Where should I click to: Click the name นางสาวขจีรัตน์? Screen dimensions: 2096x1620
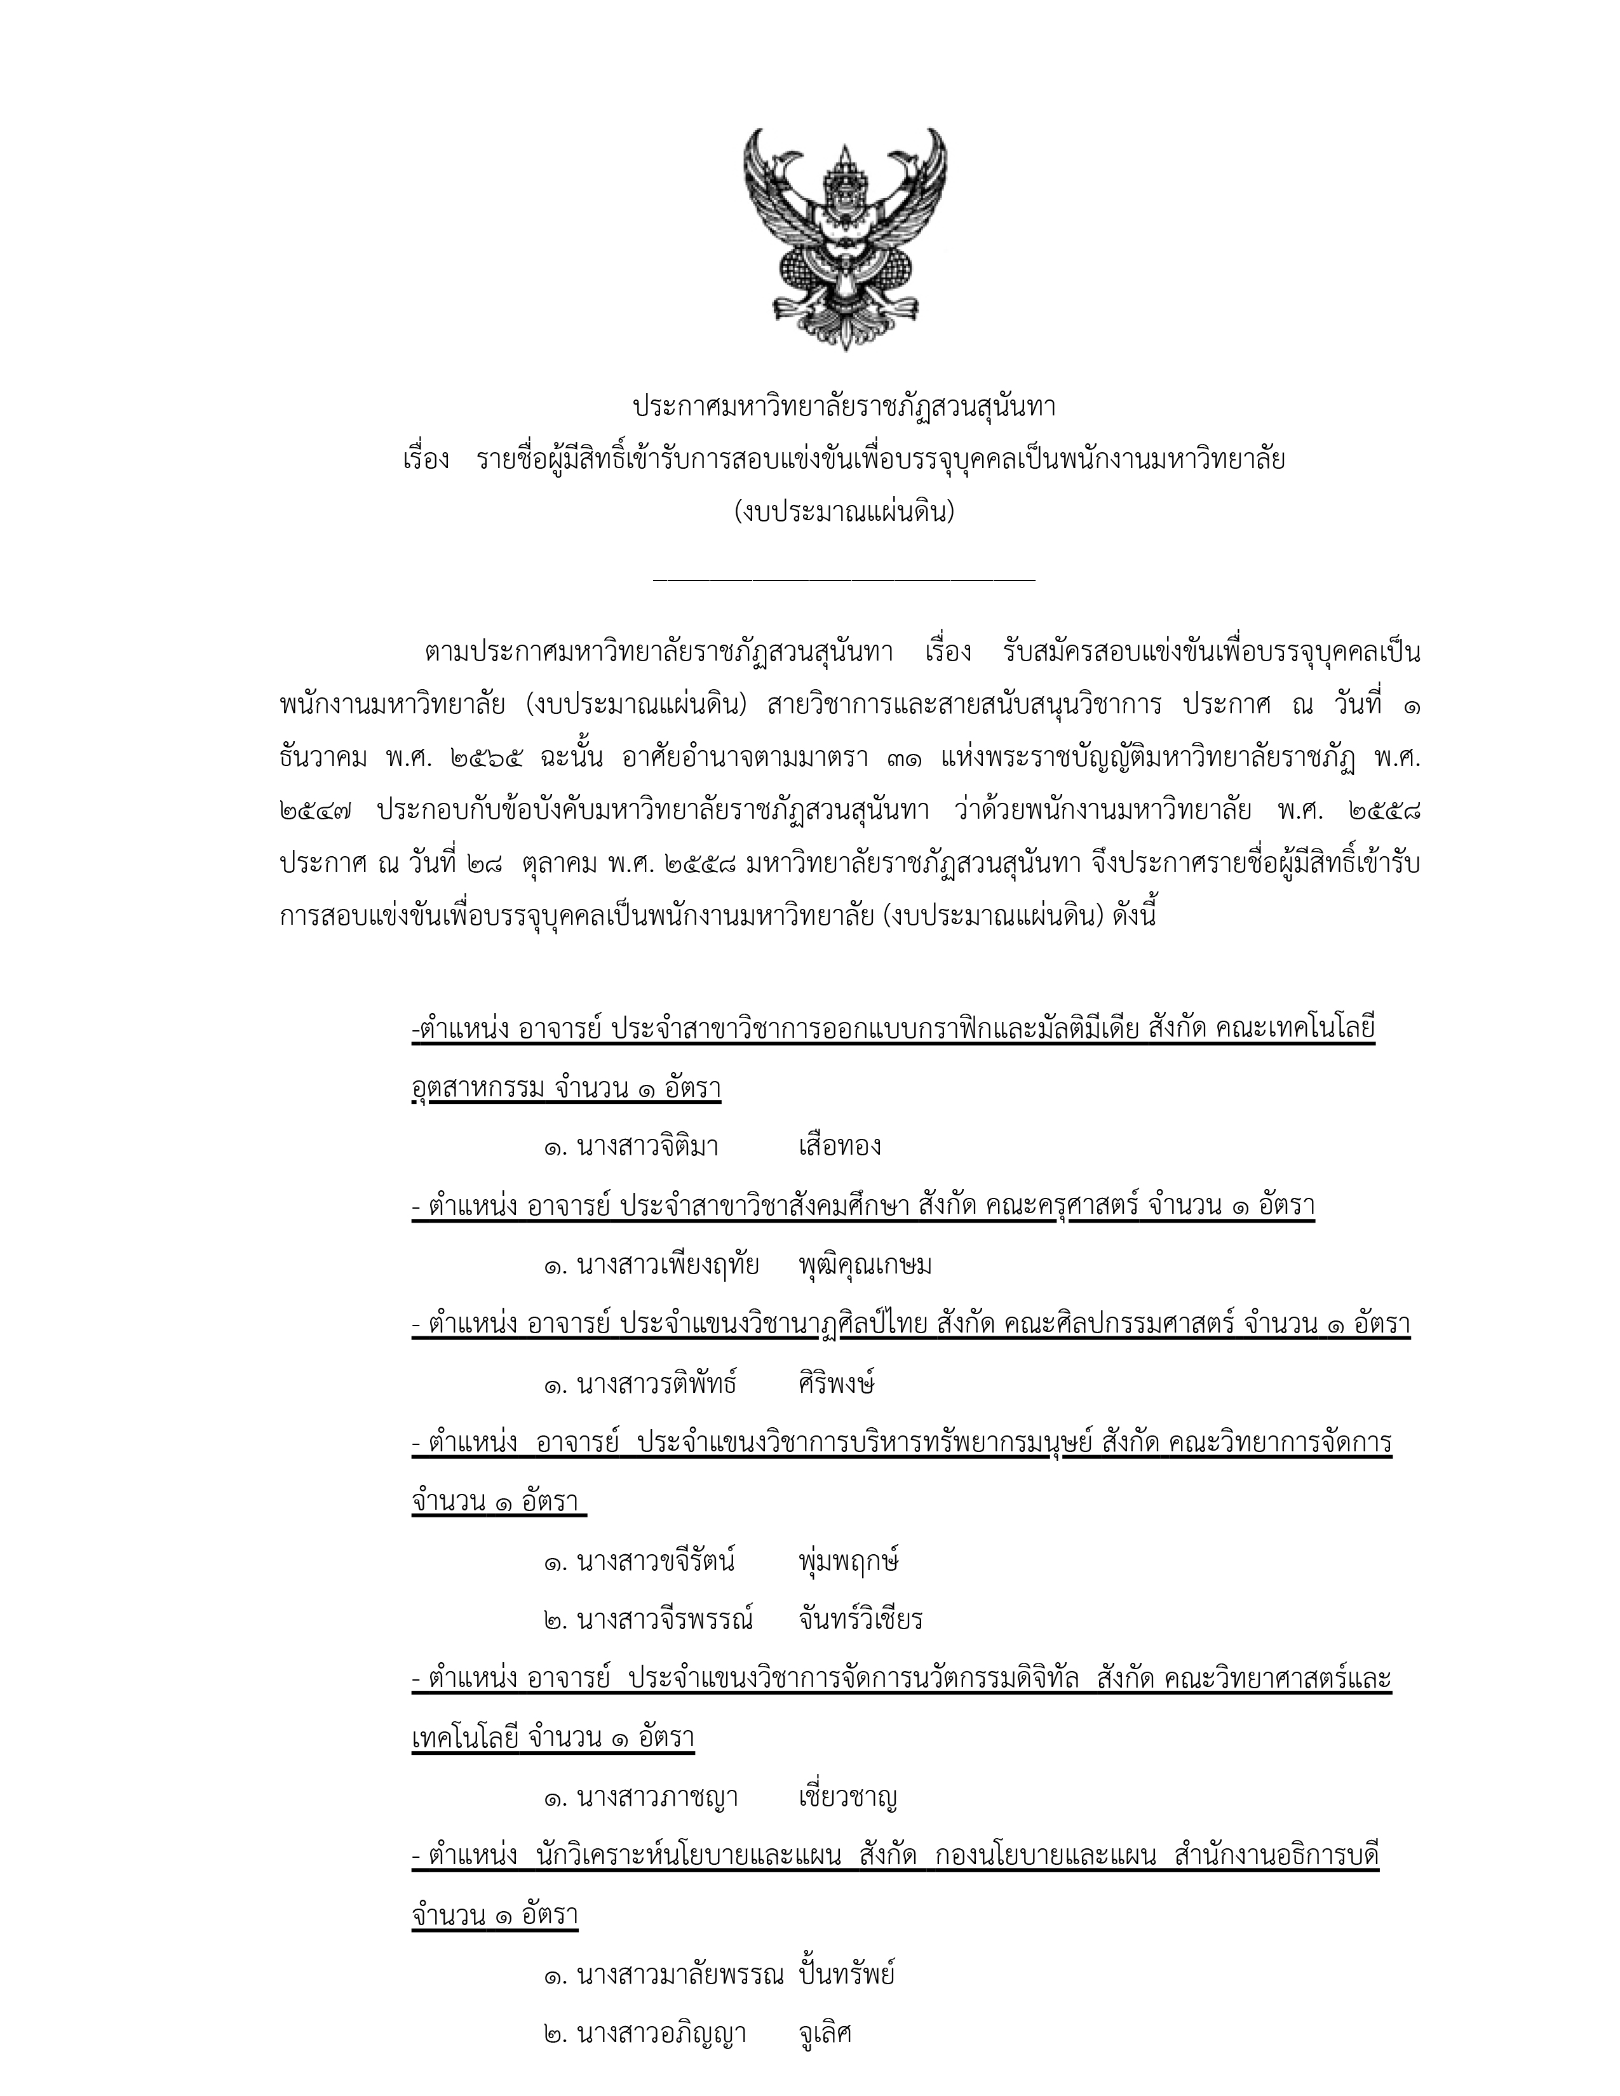pos(656,1561)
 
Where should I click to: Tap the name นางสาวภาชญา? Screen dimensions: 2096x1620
pos(658,1797)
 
